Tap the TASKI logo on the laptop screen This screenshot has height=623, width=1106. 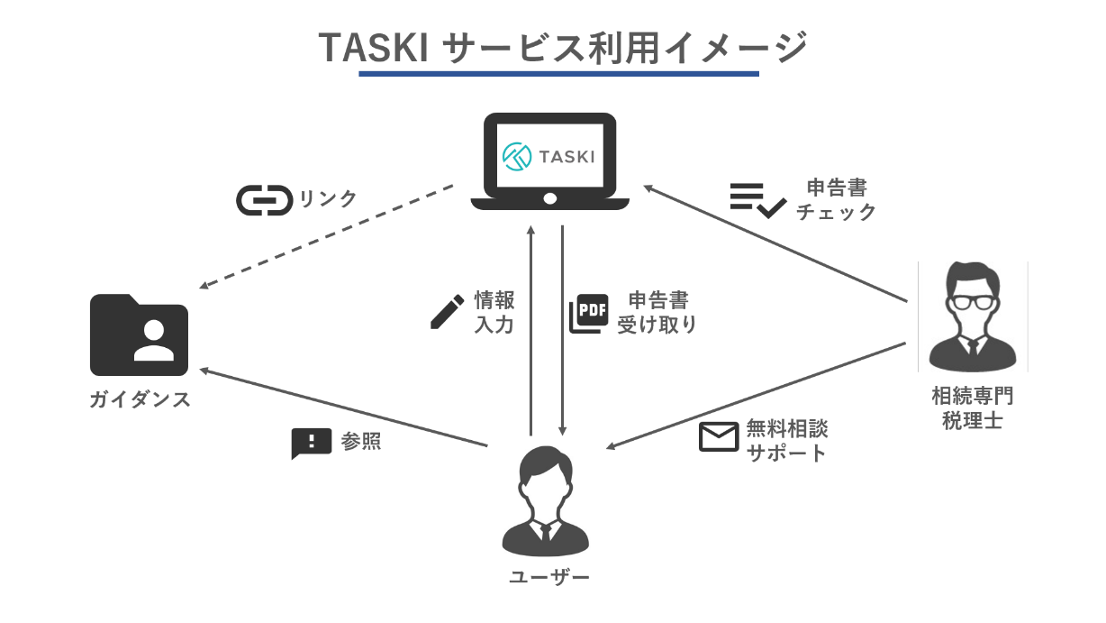548,155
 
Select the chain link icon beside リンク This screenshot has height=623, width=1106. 264,200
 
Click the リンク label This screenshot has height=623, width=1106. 328,199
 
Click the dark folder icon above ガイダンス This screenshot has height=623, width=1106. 139,334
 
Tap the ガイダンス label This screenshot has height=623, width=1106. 140,400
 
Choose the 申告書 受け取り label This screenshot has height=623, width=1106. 657,312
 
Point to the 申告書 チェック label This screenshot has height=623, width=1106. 836,199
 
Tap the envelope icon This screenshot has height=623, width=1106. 719,437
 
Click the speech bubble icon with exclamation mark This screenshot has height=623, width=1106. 311,443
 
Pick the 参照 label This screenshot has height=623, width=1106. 361,443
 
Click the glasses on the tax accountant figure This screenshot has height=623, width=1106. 974,301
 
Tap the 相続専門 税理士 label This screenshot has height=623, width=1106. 973,408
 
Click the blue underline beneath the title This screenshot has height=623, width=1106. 558,74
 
